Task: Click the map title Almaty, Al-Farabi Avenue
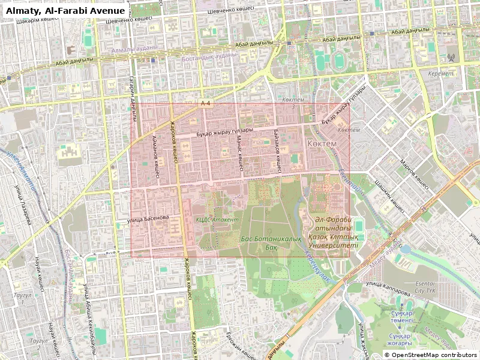pyautogui.click(x=65, y=11)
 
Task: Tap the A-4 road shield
pyautogui.click(x=206, y=103)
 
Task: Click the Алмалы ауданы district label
pyautogui.click(x=134, y=48)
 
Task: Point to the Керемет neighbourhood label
pyautogui.click(x=441, y=73)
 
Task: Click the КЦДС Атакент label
pyautogui.click(x=217, y=220)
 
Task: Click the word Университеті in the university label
pyautogui.click(x=332, y=245)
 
